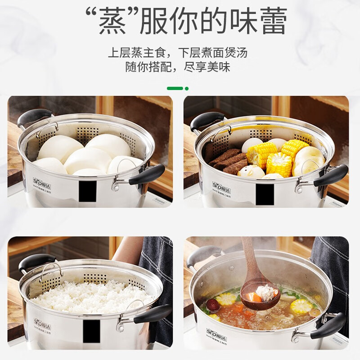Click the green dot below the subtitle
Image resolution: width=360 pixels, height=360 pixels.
[187, 88]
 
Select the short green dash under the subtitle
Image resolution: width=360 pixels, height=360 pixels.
[175, 88]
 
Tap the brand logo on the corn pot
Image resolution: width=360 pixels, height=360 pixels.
[221, 186]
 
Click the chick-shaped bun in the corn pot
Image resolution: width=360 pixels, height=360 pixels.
[250, 171]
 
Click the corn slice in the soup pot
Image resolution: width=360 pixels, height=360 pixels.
[301, 306]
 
